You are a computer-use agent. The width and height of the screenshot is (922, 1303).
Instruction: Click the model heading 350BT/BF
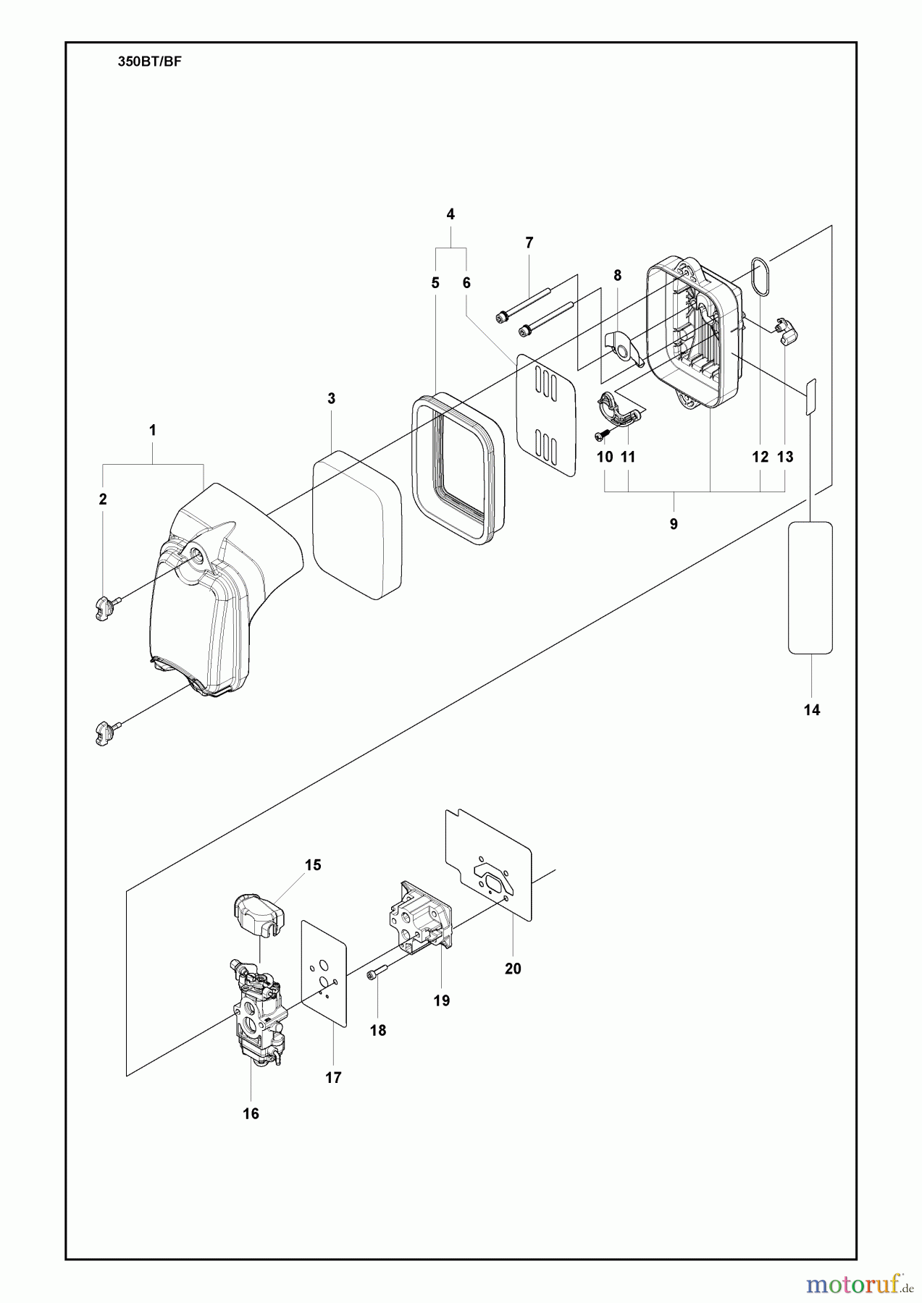[149, 62]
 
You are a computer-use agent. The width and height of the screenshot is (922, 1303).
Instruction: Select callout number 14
[812, 710]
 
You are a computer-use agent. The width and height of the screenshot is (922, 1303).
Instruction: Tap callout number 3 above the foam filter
[331, 398]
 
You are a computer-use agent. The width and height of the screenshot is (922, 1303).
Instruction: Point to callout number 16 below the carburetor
[251, 1114]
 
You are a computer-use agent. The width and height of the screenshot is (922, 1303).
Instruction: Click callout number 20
[513, 969]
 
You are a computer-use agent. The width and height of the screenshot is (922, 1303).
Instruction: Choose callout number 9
[674, 524]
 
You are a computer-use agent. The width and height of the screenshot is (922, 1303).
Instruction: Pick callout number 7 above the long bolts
[529, 243]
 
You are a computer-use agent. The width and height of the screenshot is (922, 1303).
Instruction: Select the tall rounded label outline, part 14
[810, 587]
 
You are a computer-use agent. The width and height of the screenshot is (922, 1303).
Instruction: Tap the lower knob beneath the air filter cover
[105, 733]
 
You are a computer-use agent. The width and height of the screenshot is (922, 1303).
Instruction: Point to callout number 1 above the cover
[152, 430]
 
